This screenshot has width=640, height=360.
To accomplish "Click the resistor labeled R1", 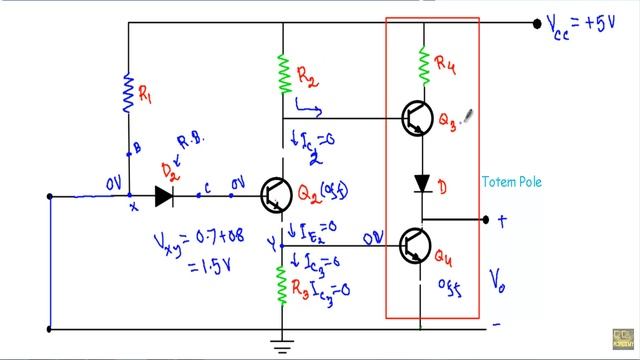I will point(129,92).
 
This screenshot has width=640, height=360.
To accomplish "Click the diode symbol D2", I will point(163,196).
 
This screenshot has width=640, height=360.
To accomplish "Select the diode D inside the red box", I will point(422,184).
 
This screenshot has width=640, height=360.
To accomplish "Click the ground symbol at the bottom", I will point(283,346).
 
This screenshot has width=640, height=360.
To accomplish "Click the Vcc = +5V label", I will point(589,25).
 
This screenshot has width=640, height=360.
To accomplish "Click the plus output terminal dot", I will point(486,220).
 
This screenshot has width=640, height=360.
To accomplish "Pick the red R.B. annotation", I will point(190,140).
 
